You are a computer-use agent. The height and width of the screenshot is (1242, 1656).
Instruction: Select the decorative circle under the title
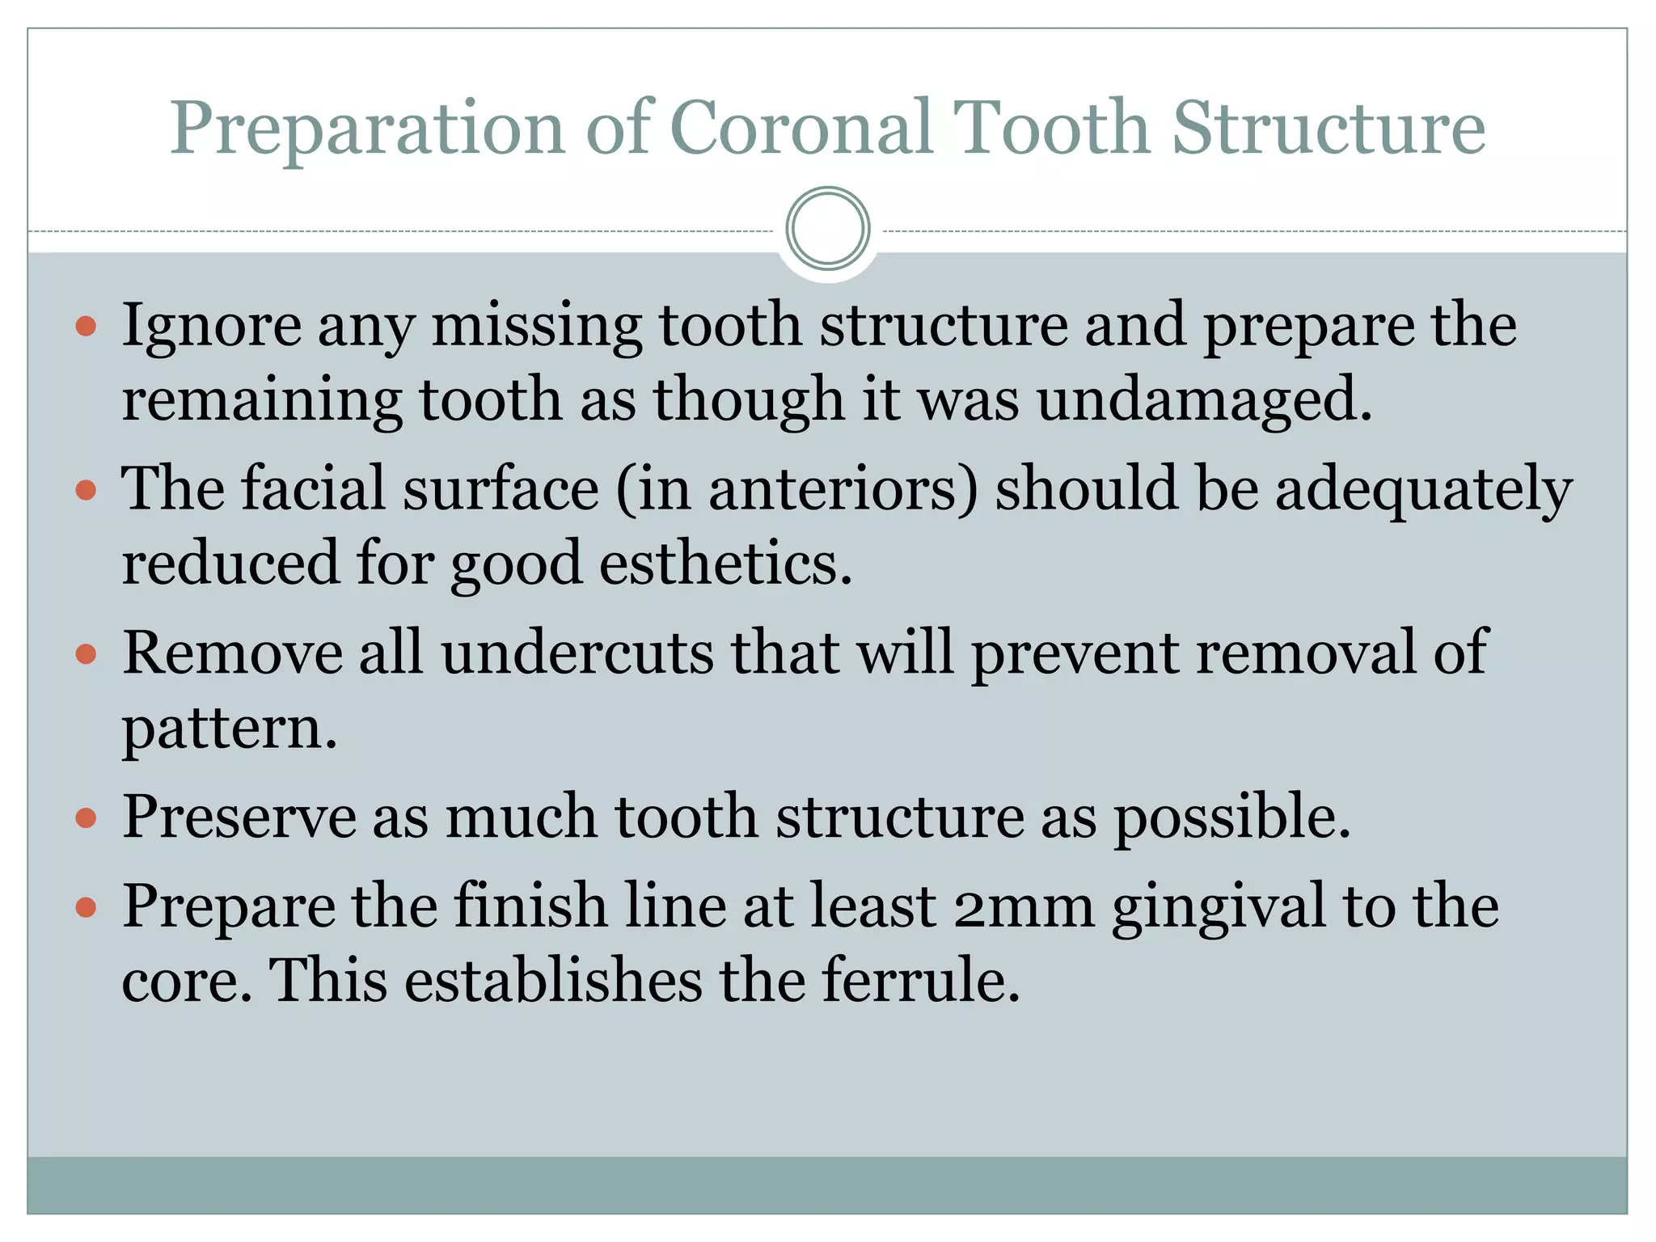(x=827, y=229)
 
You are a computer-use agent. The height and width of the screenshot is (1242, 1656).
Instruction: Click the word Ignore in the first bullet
(x=212, y=326)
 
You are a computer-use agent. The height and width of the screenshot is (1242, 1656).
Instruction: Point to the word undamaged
(x=1204, y=401)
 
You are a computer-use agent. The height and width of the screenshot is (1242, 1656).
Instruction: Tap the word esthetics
(x=725, y=564)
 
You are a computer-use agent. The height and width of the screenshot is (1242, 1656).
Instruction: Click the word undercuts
(x=577, y=653)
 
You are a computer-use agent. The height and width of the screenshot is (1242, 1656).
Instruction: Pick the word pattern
(x=229, y=728)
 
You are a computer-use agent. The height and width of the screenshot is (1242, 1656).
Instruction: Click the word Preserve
(x=239, y=817)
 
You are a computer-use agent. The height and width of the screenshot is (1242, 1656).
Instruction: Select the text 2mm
(x=1024, y=906)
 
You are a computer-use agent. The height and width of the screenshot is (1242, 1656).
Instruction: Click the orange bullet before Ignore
(x=86, y=327)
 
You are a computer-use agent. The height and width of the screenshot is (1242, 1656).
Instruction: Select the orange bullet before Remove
(x=86, y=653)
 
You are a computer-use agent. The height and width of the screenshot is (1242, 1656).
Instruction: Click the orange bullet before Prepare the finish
(x=86, y=907)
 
